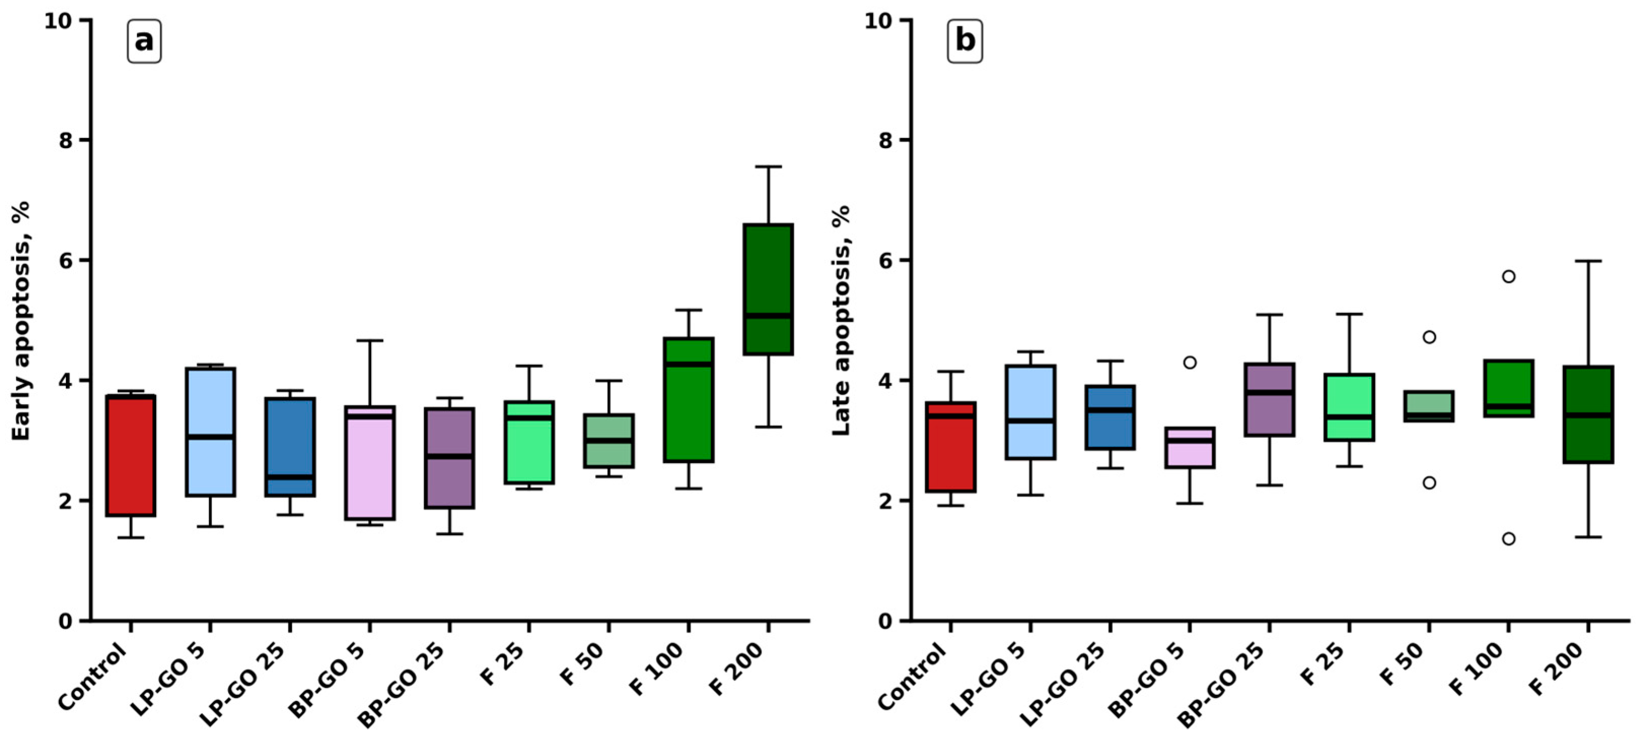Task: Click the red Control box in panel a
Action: (x=130, y=455)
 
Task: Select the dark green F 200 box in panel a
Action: (x=768, y=289)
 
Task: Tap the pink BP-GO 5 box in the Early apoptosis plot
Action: (x=370, y=463)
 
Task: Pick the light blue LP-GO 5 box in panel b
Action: (x=1030, y=412)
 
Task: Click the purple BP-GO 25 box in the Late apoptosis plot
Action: (x=1269, y=399)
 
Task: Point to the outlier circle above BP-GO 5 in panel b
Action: (x=1189, y=362)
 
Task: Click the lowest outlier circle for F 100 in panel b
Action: (x=1509, y=539)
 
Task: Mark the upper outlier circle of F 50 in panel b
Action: (x=1429, y=337)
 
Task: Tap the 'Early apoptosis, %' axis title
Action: (x=21, y=320)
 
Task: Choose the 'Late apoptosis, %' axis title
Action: (x=841, y=320)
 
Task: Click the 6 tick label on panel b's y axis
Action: (x=886, y=260)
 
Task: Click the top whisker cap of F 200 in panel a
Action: (x=768, y=167)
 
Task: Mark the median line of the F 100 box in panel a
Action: (x=688, y=364)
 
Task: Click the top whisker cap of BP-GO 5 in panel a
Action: (x=370, y=341)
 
